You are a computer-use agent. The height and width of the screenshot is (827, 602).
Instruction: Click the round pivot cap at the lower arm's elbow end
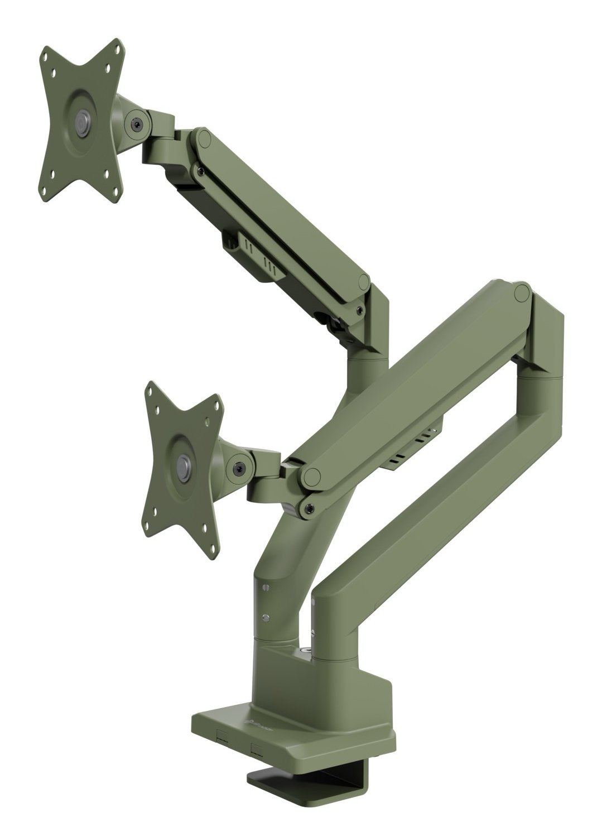click(x=522, y=291)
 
